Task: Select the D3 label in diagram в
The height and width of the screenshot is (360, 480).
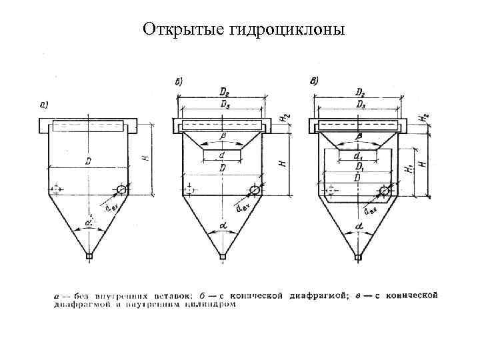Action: click(x=360, y=106)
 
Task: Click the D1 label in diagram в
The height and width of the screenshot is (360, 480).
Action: click(x=360, y=167)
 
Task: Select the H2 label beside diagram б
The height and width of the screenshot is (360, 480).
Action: click(x=285, y=117)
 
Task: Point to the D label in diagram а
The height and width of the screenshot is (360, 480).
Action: click(x=87, y=161)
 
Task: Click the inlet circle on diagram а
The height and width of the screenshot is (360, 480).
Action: click(x=121, y=190)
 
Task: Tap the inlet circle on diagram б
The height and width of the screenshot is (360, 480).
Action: click(x=255, y=190)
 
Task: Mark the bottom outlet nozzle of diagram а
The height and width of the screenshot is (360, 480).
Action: click(x=89, y=255)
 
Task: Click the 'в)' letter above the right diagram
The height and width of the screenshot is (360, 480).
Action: click(x=315, y=81)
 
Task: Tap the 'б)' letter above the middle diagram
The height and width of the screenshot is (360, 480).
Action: click(x=179, y=82)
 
